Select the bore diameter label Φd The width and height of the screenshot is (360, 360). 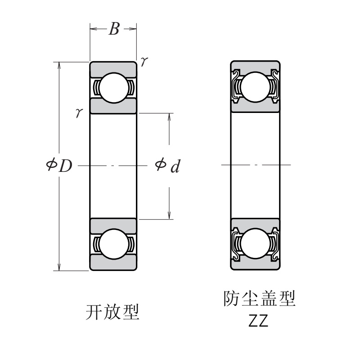[167, 166]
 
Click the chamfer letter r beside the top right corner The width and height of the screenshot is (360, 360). [143, 61]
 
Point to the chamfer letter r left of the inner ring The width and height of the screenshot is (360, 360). [79, 112]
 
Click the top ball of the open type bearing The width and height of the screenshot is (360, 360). [113, 87]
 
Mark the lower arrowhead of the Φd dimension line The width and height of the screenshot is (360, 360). [169, 215]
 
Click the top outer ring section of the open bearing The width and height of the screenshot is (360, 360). [113, 67]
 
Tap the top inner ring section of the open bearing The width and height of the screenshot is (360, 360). [113, 106]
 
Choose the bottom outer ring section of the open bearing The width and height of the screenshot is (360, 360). [113, 263]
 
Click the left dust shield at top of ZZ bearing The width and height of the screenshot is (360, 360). [235, 84]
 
